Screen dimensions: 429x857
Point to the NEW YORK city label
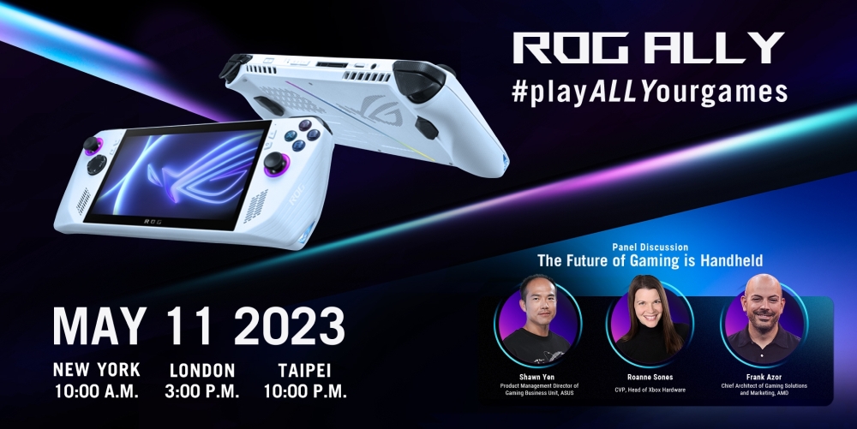(96, 371)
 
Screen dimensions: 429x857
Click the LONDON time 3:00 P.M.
(201, 392)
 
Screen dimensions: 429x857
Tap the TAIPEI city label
(303, 371)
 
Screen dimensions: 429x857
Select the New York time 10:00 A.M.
(96, 392)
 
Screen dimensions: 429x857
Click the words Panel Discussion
(650, 247)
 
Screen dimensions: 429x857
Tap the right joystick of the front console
(277, 163)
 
